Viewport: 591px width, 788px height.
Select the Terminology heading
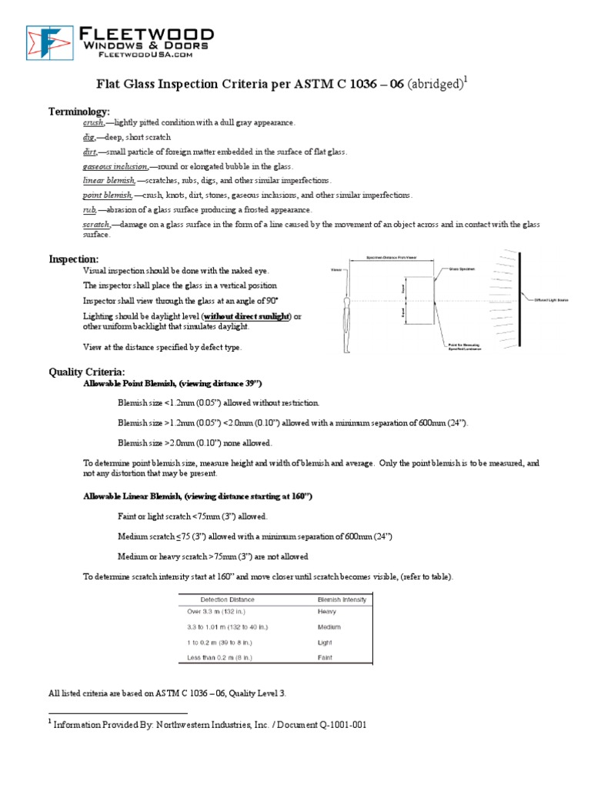80,112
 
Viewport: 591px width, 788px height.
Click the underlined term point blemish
107,195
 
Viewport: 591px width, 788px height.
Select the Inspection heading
74,259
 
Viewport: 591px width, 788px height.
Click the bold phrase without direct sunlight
245,316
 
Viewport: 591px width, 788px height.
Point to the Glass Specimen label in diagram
465,269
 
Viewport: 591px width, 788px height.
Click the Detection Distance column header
227,599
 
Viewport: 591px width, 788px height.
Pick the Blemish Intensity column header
342,599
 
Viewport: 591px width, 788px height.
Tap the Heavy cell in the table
327,612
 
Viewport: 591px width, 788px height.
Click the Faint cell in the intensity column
326,657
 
